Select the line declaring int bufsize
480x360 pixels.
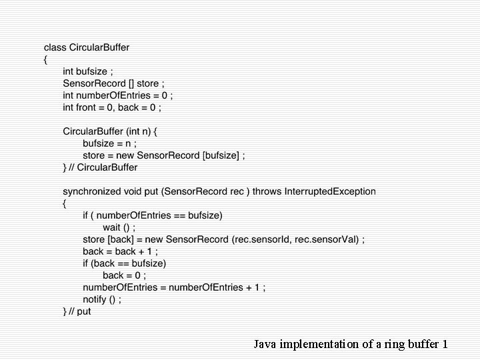tap(88, 71)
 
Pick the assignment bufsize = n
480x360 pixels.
tap(110, 143)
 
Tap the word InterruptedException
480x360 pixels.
tap(330, 191)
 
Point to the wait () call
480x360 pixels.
tap(119, 227)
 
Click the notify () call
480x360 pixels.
tap(102, 299)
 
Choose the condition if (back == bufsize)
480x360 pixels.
tap(124, 263)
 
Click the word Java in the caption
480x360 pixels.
tap(265, 345)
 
